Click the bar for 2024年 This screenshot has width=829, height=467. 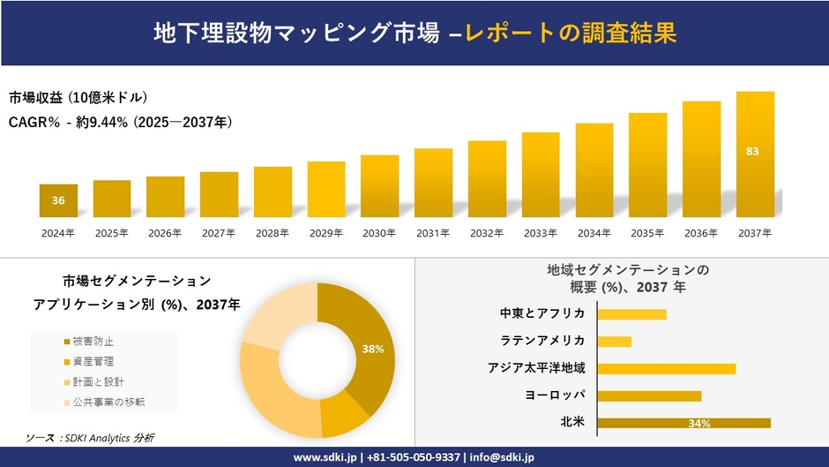(x=58, y=200)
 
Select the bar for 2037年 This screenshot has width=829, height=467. (x=755, y=154)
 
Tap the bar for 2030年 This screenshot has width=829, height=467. (x=379, y=185)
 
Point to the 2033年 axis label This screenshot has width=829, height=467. (x=540, y=233)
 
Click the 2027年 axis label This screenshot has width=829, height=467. (x=219, y=233)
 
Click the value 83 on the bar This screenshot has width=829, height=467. (x=752, y=151)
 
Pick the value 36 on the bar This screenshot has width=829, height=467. (x=58, y=200)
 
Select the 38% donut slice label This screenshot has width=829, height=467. (x=372, y=349)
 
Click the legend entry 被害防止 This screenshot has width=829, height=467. (x=93, y=341)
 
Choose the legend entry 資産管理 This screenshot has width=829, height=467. (x=93, y=361)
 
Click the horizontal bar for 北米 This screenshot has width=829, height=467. (x=683, y=423)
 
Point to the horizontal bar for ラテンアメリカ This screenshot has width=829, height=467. (x=615, y=341)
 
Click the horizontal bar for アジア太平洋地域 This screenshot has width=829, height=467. (x=666, y=368)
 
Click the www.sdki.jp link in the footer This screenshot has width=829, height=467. (x=324, y=457)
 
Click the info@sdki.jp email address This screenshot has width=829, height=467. (x=501, y=457)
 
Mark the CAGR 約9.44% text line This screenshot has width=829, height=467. (x=120, y=123)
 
